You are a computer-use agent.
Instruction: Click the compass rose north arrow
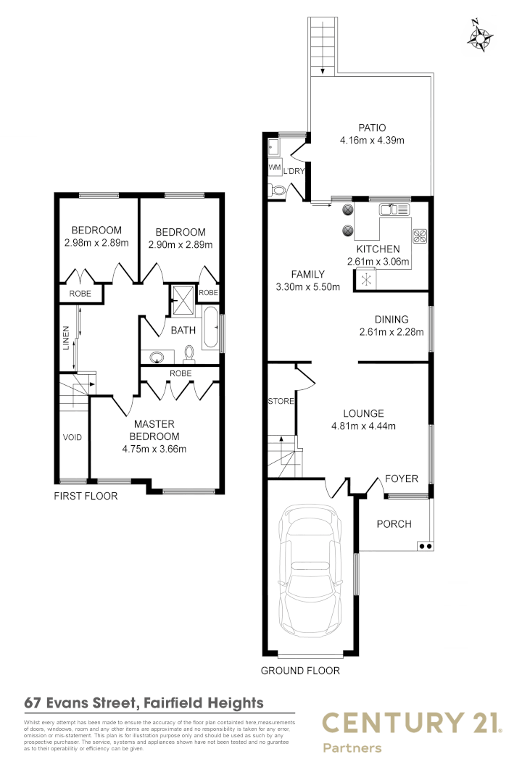pos(480,36)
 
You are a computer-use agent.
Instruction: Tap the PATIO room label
pos(371,128)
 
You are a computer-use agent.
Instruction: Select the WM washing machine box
pos(274,167)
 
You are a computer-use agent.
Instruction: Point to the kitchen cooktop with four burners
pos(420,235)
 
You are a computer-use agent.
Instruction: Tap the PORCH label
pos(394,524)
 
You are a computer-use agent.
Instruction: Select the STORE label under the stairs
pos(281,401)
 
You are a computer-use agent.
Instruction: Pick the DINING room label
pos(391,319)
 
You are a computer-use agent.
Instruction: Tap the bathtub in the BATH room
pos(210,328)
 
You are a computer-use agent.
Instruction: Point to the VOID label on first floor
pos(72,438)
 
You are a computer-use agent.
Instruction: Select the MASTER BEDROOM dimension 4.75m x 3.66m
pos(154,448)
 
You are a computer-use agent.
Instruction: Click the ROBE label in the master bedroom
pos(180,373)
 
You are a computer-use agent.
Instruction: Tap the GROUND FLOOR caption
pos(300,671)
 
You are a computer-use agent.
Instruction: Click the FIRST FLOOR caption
pos(86,497)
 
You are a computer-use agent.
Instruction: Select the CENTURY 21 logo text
pos(411,723)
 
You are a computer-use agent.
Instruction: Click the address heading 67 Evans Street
pos(144,703)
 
